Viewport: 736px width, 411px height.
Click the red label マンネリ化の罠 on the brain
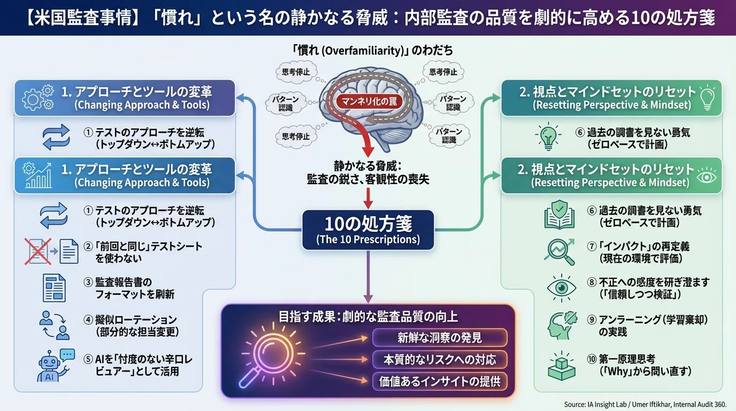[x=369, y=101]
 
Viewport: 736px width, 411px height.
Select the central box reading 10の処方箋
[x=368, y=230]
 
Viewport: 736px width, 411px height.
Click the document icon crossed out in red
[x=38, y=252]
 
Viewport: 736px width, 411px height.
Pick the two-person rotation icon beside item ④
[x=54, y=325]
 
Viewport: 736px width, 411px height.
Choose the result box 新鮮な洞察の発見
[x=440, y=338]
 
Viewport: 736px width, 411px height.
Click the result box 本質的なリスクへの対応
[x=440, y=360]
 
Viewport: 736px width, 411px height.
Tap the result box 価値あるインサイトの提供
[x=440, y=382]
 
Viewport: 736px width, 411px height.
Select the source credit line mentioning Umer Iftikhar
[x=645, y=405]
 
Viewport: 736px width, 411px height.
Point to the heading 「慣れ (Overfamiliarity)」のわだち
[x=372, y=50]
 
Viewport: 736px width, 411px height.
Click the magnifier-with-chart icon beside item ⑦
[x=559, y=252]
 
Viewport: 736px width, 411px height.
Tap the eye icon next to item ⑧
[x=561, y=288]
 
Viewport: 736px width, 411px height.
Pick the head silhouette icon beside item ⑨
[x=561, y=325]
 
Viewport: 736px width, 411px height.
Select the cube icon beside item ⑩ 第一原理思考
[x=561, y=366]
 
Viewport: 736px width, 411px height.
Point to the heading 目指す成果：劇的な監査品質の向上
[x=368, y=317]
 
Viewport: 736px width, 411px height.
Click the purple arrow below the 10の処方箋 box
[x=368, y=277]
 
